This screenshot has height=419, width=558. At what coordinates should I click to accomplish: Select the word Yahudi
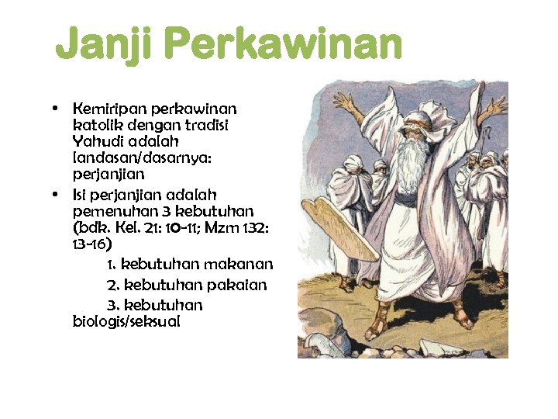point(97,142)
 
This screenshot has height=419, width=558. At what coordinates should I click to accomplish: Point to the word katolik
point(96,125)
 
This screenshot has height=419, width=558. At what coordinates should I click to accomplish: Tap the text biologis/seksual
point(126,321)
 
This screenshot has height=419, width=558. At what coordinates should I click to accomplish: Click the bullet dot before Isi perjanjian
point(57,194)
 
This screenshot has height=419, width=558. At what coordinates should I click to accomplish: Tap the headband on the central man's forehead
point(402,118)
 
